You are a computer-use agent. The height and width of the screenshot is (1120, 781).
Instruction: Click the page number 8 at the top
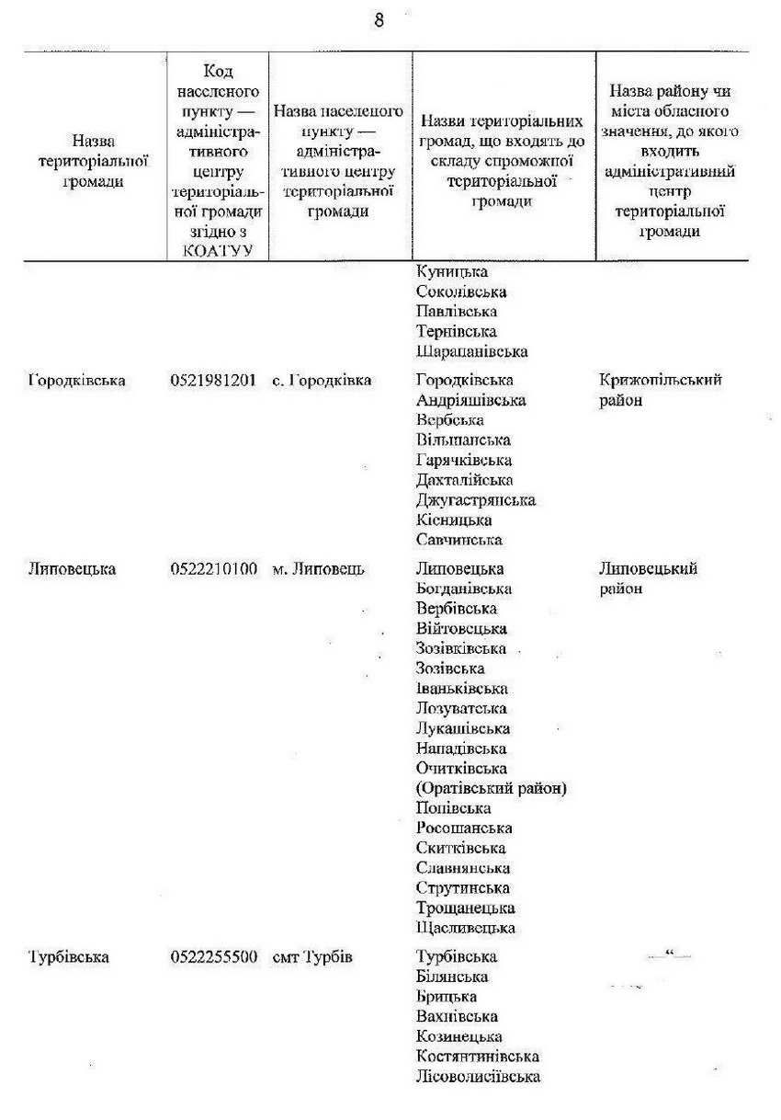[379, 21]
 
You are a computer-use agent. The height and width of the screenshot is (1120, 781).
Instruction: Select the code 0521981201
[213, 381]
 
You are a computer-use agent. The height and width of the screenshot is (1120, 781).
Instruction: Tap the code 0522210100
[213, 569]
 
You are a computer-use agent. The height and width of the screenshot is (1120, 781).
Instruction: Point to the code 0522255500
[213, 957]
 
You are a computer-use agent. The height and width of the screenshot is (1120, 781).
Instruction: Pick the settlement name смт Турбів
[313, 957]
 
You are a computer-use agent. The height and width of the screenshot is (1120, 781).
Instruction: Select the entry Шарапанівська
[472, 351]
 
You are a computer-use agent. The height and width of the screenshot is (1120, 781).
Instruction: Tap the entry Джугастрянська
[475, 500]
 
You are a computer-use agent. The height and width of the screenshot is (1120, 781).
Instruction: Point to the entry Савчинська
[458, 540]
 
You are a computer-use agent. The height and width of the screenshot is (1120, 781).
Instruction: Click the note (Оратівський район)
[491, 789]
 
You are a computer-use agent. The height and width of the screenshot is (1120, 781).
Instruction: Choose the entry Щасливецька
[465, 929]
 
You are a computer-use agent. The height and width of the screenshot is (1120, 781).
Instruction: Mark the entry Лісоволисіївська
[478, 1077]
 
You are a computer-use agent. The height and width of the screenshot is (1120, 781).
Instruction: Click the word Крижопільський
[660, 381]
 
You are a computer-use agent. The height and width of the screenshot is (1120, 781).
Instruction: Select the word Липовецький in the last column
[648, 569]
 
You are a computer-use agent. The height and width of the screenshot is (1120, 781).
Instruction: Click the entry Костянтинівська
[477, 1057]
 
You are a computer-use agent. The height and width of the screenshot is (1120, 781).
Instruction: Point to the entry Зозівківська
[461, 649]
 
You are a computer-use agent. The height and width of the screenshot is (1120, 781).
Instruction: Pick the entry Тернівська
[456, 331]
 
